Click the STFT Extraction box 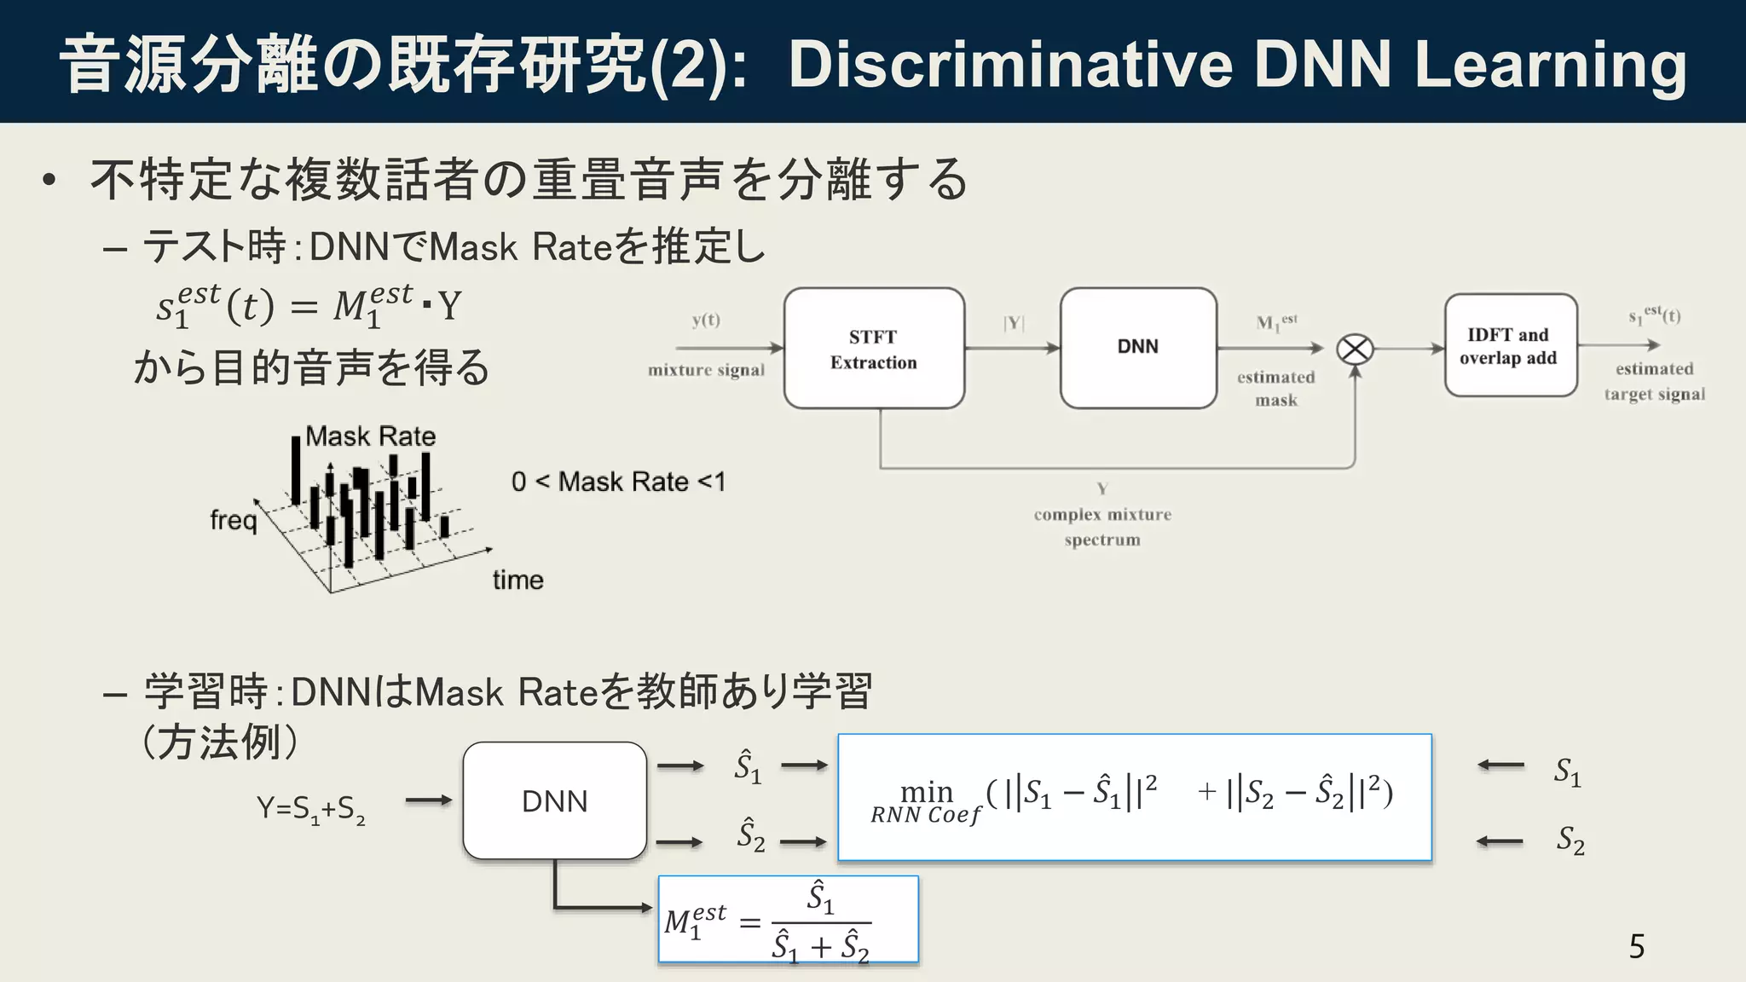[x=874, y=349]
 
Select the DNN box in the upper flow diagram [x=1138, y=347]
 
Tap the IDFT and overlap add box [x=1510, y=346]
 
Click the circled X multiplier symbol [x=1355, y=349]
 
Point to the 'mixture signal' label [x=706, y=370]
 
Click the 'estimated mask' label [x=1276, y=389]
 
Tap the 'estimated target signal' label [x=1654, y=381]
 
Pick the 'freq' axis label [x=234, y=520]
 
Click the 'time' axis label [x=517, y=581]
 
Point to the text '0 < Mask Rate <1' [x=618, y=482]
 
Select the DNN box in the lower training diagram [x=555, y=801]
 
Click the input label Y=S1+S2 [x=311, y=808]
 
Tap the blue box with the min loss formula [x=1134, y=797]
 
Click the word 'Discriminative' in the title [x=1011, y=65]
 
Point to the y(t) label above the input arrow [x=706, y=320]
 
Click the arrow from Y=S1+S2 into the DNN [x=428, y=800]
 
